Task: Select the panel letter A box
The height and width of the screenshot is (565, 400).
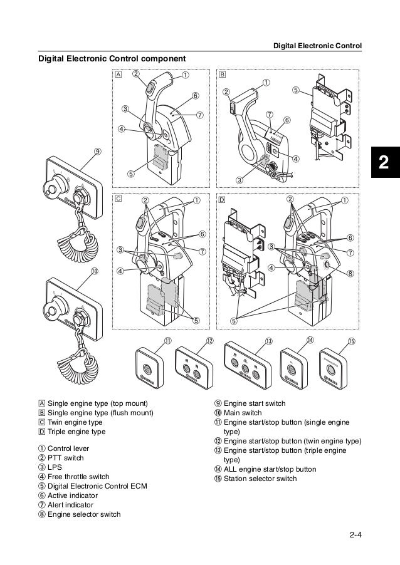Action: tap(119, 73)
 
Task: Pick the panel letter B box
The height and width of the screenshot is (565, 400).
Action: tap(222, 73)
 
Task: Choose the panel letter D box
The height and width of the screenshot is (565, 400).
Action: tap(222, 200)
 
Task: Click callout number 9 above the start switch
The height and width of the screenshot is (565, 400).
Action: tap(98, 151)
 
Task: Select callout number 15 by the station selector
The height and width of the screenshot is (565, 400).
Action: tap(352, 341)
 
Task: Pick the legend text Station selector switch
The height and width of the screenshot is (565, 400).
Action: tap(260, 479)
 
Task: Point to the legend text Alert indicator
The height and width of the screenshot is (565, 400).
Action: tap(71, 505)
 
